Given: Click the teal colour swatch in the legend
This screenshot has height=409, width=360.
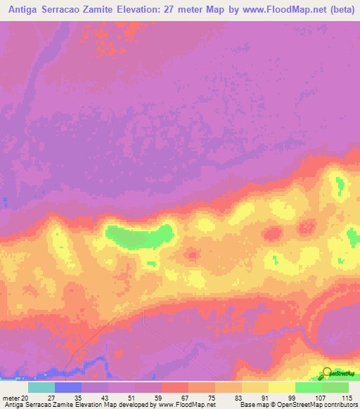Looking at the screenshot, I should tap(41, 387).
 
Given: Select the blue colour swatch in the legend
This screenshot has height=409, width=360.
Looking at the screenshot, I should tap(68, 387).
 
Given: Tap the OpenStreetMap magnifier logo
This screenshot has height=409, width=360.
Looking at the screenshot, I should tap(328, 372).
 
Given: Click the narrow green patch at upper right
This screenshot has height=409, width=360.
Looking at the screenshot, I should tap(340, 187).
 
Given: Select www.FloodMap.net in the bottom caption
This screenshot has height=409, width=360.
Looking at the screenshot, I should tap(185, 405).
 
